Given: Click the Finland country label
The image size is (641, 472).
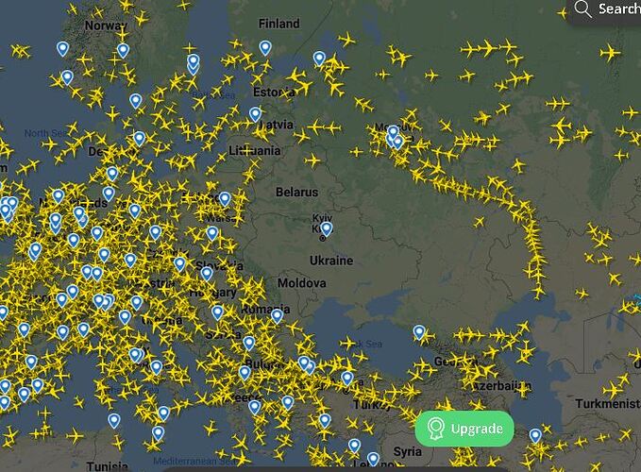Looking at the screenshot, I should tap(278, 24).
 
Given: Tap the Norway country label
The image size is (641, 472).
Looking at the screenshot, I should tap(105, 25).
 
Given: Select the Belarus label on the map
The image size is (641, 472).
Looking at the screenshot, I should tap(296, 192).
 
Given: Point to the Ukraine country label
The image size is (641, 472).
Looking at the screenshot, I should tap(330, 260).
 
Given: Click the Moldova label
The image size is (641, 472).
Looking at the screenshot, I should tap(302, 283).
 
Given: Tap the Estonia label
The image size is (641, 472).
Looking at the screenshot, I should tap(275, 92).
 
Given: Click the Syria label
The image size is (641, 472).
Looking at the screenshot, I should tap(408, 451).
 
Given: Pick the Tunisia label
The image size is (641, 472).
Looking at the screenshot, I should tap(107, 466).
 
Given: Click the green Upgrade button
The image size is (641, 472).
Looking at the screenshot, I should tap(464, 429).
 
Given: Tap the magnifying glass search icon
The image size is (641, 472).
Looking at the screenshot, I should tap(583, 9).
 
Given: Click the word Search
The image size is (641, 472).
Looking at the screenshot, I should tap(619, 9).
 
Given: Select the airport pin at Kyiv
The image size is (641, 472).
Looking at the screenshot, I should tap(327, 228).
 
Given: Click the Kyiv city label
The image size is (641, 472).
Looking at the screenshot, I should tap(323, 217).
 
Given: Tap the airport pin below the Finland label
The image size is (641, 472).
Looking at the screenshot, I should tap(265, 47).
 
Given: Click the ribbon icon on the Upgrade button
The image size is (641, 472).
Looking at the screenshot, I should tap(435, 429).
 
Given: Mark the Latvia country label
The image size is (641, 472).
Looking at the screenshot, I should tap(276, 124).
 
